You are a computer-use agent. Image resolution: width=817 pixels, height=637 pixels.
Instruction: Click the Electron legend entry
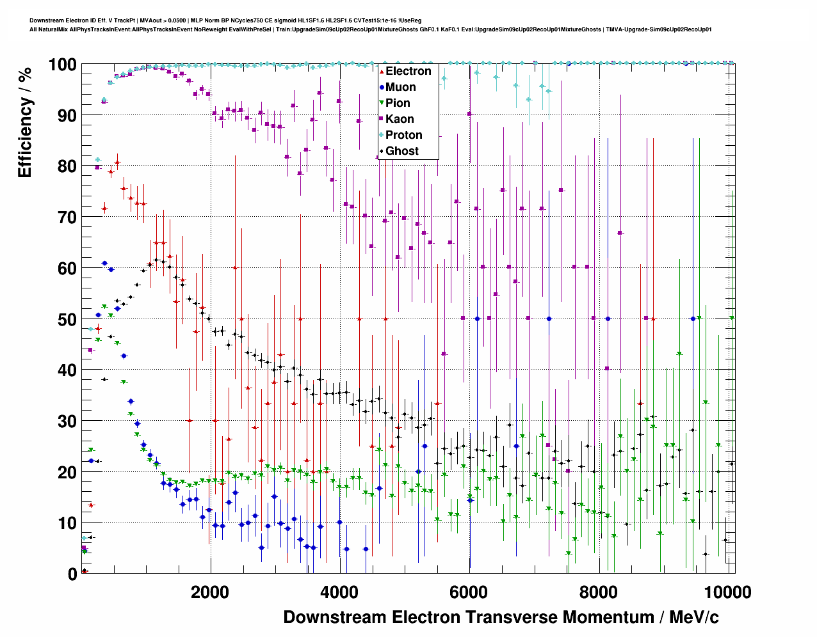pyautogui.click(x=408, y=71)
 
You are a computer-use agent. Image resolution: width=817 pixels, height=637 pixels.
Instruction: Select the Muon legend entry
pyautogui.click(x=400, y=87)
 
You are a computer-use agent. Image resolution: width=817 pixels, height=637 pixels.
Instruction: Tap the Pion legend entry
pyautogui.click(x=398, y=103)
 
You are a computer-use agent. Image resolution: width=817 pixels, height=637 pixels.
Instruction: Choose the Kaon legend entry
pyautogui.click(x=400, y=119)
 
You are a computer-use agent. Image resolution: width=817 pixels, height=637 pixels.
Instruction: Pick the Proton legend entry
pyautogui.click(x=403, y=135)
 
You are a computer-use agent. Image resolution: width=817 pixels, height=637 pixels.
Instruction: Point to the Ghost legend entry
pyautogui.click(x=401, y=151)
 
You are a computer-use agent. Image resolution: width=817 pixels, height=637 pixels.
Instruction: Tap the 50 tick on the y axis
pyautogui.click(x=67, y=319)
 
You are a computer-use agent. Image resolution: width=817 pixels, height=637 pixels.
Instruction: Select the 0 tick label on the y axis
pyautogui.click(x=72, y=574)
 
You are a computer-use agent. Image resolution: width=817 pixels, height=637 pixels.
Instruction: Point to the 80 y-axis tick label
pyautogui.click(x=67, y=166)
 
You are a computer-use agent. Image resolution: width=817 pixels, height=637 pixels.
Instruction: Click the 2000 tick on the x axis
pyautogui.click(x=209, y=592)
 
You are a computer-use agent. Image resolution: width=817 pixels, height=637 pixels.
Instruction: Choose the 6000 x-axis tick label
pyautogui.click(x=469, y=592)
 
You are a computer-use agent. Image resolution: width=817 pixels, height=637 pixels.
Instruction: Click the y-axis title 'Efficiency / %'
pyautogui.click(x=25, y=122)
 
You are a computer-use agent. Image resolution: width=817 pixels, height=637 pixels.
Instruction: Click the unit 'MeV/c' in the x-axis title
pyautogui.click(x=693, y=617)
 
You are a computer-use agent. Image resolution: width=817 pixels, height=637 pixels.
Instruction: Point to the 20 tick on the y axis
pyautogui.click(x=67, y=472)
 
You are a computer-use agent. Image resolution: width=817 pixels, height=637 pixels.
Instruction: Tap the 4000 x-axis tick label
pyautogui.click(x=339, y=592)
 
